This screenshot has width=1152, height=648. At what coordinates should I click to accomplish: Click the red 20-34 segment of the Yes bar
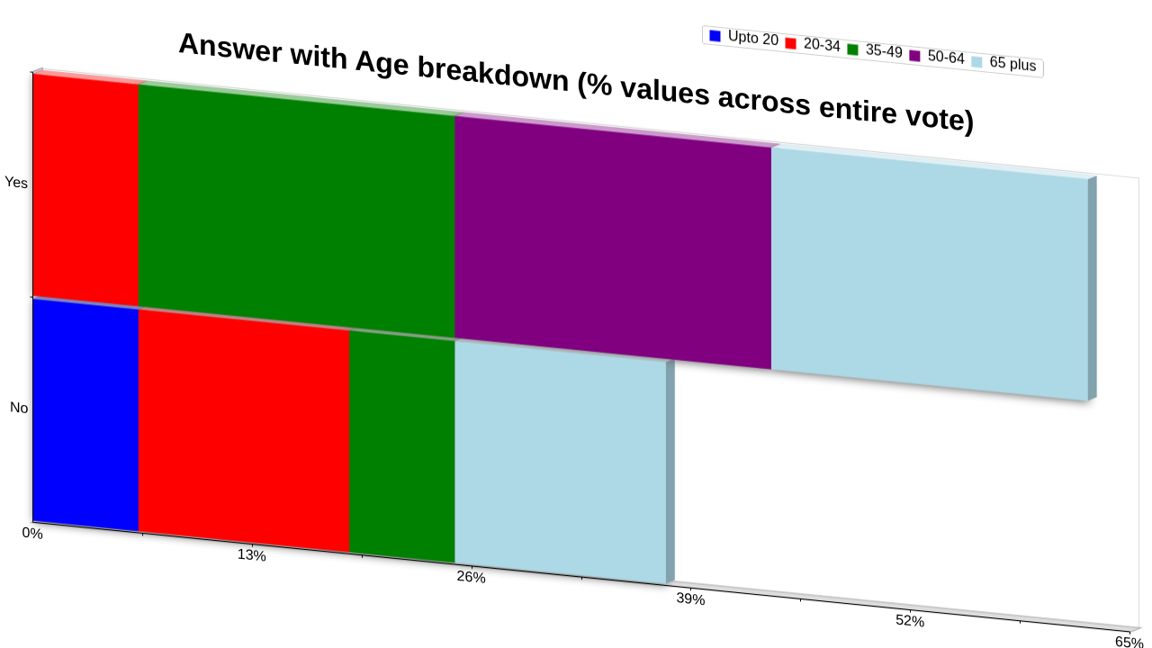pyautogui.click(x=85, y=190)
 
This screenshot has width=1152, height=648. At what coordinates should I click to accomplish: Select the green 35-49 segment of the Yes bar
pyautogui.click(x=297, y=211)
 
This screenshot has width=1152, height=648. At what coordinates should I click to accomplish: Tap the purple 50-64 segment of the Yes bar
pyautogui.click(x=613, y=242)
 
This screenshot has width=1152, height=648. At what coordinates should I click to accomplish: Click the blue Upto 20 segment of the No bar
pyautogui.click(x=85, y=415)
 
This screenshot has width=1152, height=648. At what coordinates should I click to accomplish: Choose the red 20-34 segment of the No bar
pyautogui.click(x=244, y=431)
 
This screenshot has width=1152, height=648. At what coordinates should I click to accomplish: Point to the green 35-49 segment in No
pyautogui.click(x=402, y=446)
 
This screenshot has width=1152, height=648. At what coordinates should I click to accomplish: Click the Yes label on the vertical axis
pyautogui.click(x=16, y=182)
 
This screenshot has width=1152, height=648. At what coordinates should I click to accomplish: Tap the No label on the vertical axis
pyautogui.click(x=19, y=408)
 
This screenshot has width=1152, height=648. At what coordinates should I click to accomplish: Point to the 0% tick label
pyautogui.click(x=32, y=534)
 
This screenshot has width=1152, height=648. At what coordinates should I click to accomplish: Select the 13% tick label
pyautogui.click(x=251, y=555)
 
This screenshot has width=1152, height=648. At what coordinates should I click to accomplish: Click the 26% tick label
pyautogui.click(x=471, y=577)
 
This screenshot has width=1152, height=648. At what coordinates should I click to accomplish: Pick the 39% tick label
pyautogui.click(x=690, y=598)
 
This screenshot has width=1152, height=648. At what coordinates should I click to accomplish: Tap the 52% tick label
pyautogui.click(x=910, y=621)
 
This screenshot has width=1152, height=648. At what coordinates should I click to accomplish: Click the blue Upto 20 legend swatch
pyautogui.click(x=715, y=36)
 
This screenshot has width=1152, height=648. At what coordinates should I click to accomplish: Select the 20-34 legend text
pyautogui.click(x=822, y=45)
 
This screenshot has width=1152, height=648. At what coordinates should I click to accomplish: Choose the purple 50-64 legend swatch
pyautogui.click(x=915, y=56)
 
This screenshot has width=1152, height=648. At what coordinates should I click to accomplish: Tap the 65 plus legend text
pyautogui.click(x=1012, y=63)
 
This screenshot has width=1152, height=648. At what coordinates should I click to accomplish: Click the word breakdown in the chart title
pyautogui.click(x=492, y=75)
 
